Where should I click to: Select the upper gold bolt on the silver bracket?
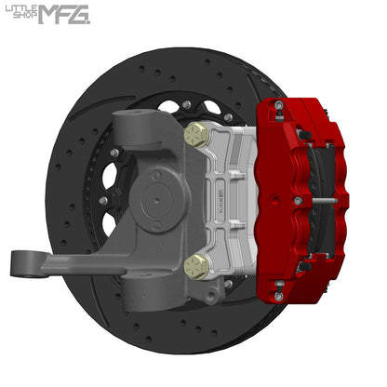[x=195, y=135]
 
